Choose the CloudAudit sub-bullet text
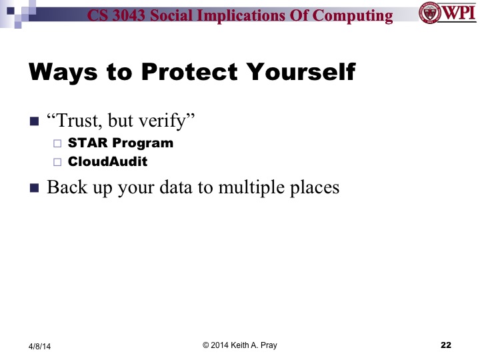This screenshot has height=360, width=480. point(107,161)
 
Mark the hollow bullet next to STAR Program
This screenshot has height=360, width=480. point(57,143)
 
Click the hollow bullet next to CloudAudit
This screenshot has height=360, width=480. point(57,162)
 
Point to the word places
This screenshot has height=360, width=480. point(313,188)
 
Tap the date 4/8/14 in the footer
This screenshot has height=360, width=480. point(39,346)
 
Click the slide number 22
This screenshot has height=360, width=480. point(446,345)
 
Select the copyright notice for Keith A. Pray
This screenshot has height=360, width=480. point(239,345)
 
